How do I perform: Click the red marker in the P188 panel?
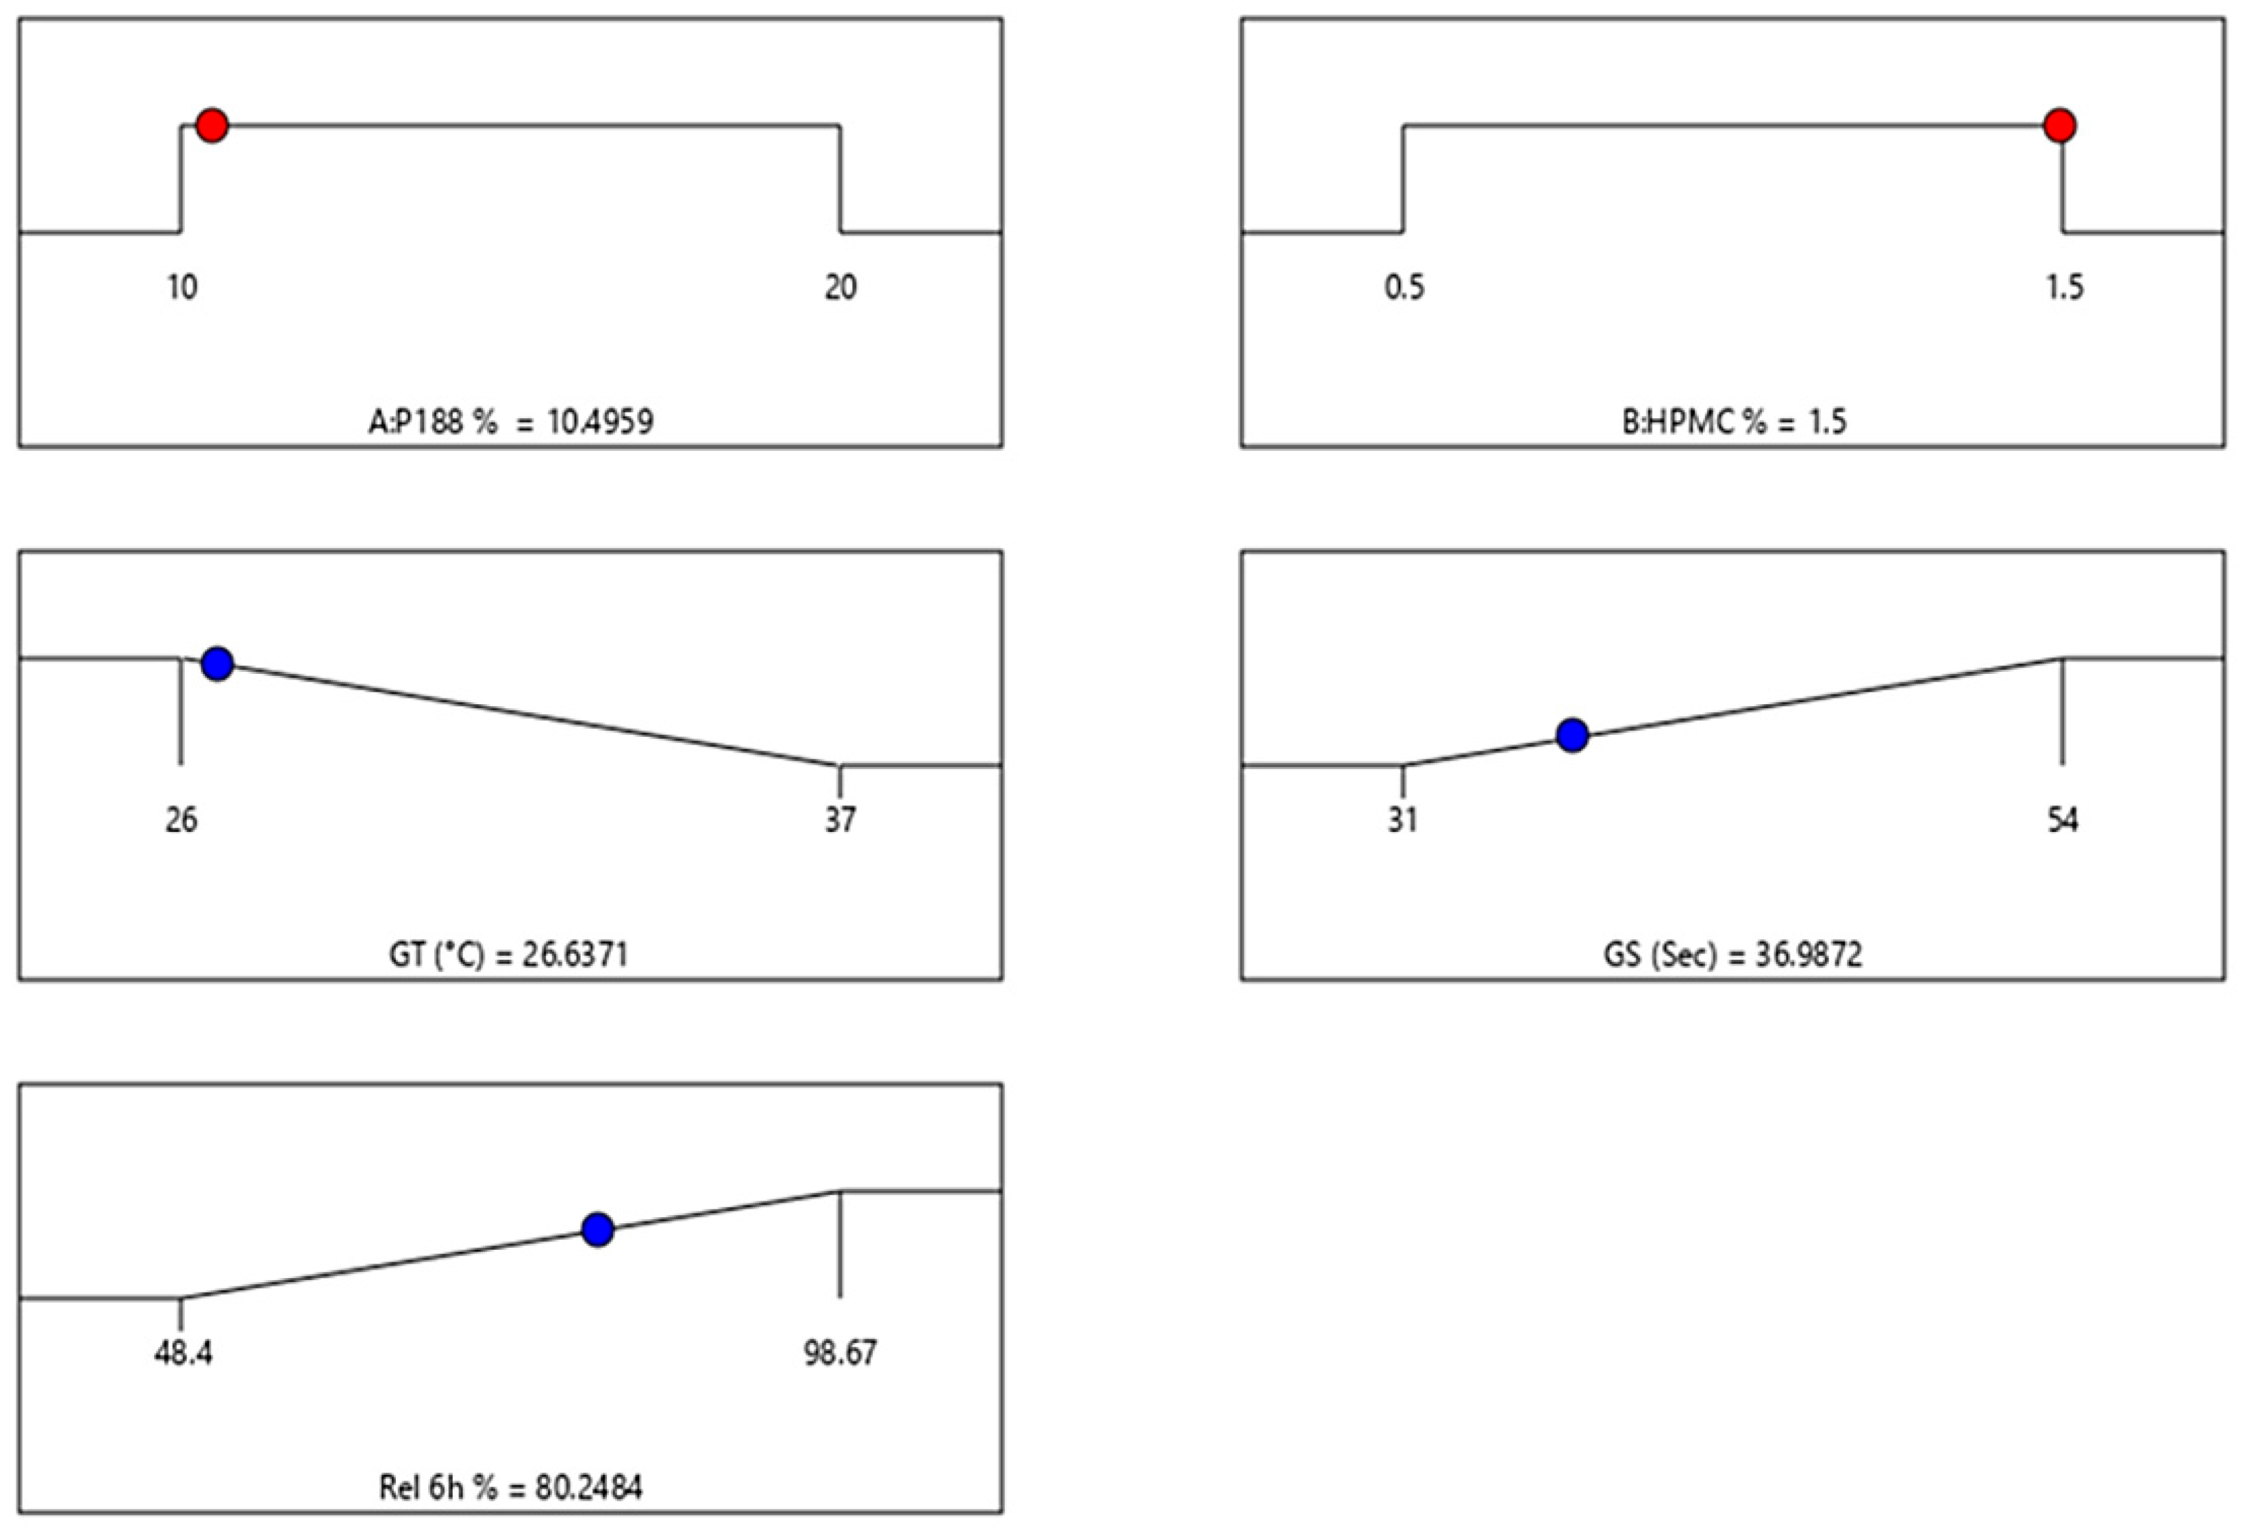(x=212, y=125)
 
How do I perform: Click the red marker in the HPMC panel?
(x=2060, y=125)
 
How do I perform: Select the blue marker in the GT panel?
(x=218, y=663)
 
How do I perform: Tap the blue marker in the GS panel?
(x=1573, y=735)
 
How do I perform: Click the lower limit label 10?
(x=182, y=287)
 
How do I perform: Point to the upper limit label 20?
(x=840, y=287)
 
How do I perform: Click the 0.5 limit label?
(x=1404, y=287)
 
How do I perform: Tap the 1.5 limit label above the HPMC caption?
(x=2064, y=287)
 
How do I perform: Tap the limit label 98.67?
(x=841, y=1353)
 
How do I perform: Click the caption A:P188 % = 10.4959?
(x=510, y=422)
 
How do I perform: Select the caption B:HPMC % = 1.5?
(x=1734, y=422)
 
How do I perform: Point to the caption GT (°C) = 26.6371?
(x=508, y=954)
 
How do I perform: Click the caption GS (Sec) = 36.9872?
(x=1733, y=954)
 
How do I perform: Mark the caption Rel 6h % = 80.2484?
(x=510, y=1487)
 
